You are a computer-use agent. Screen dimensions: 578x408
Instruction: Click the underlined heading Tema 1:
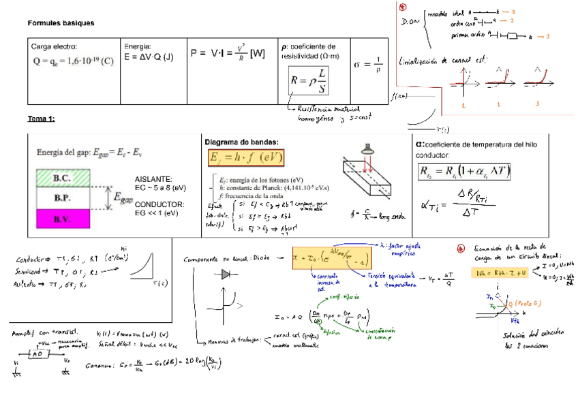coord(41,119)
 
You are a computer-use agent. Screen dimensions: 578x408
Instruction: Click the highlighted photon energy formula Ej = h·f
coord(245,157)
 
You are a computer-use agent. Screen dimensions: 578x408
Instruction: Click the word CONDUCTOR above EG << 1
coord(159,204)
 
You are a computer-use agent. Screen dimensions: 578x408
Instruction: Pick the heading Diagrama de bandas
coord(241,142)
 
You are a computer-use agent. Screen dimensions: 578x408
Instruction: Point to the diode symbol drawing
coord(226,274)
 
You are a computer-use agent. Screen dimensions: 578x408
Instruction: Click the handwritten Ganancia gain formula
coord(161,363)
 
